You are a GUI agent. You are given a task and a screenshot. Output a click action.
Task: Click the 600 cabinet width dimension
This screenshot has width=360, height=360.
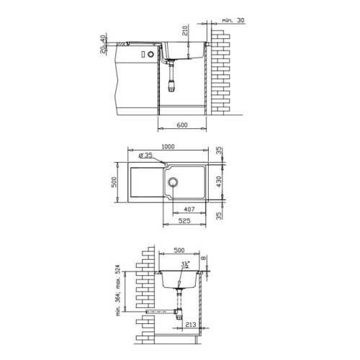pyautogui.click(x=182, y=125)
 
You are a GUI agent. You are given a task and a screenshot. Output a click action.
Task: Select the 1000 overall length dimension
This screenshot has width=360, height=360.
pyautogui.click(x=168, y=147)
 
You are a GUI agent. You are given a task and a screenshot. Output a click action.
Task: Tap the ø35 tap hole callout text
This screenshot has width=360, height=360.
pyautogui.click(x=145, y=156)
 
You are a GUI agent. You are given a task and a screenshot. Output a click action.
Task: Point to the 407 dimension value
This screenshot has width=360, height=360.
pyautogui.click(x=189, y=210)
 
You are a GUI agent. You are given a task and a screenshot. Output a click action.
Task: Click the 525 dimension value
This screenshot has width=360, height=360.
pyautogui.click(x=184, y=221)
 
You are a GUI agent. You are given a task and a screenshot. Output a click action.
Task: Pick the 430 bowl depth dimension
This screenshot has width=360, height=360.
pyautogui.click(x=219, y=181)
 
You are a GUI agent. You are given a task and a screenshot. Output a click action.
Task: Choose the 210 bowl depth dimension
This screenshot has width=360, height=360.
pyautogui.click(x=185, y=30)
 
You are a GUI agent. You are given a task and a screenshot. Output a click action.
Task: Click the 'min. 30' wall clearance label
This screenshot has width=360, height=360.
pyautogui.click(x=233, y=20)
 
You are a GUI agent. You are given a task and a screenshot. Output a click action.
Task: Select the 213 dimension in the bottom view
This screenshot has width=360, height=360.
pyautogui.click(x=191, y=325)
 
